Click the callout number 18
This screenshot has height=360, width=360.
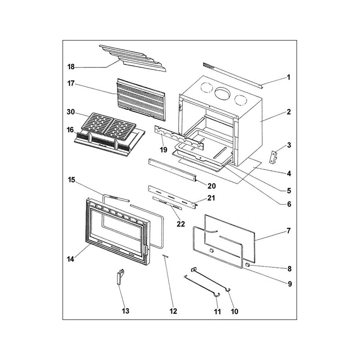pyautogui.click(x=71, y=67)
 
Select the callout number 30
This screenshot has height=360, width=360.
pyautogui.click(x=71, y=112)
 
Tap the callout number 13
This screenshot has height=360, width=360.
pyautogui.click(x=125, y=311)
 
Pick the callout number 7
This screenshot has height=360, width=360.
pyautogui.click(x=288, y=231)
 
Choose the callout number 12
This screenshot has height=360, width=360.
pyautogui.click(x=174, y=311)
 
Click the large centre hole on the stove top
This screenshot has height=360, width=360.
pyautogui.click(x=221, y=94)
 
